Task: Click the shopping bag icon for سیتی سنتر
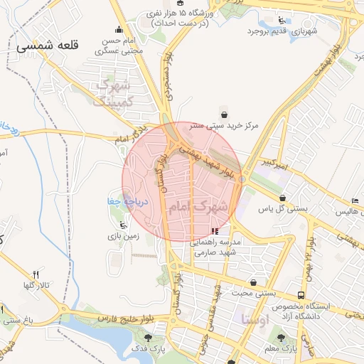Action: point(225,114)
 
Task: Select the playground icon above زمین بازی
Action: point(124,225)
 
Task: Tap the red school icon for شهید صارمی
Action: point(215,231)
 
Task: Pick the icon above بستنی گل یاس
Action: point(284,198)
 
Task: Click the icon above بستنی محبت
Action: point(254,282)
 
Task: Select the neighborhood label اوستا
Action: point(254,317)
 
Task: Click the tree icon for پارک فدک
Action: point(147,338)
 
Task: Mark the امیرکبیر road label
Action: point(274,164)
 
